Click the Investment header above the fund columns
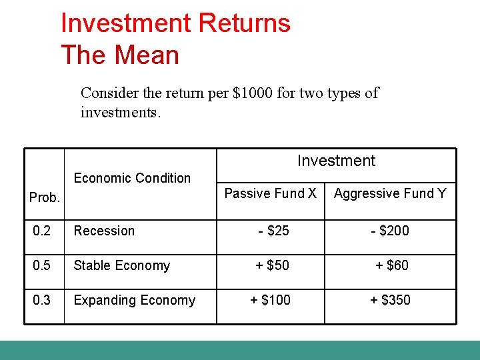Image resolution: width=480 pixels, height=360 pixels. tap(336, 161)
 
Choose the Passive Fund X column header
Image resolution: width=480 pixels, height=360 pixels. tap(270, 193)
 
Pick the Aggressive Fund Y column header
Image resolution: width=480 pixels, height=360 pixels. tap(390, 193)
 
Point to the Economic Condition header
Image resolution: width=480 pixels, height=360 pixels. tap(132, 178)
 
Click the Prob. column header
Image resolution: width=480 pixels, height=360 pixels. tap(45, 198)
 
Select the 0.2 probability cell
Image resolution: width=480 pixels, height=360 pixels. tap(42, 231)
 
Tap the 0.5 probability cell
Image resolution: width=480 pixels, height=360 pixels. tap(42, 265)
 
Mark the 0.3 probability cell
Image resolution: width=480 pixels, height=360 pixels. tap(42, 300)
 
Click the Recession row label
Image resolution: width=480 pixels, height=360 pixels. tap(104, 231)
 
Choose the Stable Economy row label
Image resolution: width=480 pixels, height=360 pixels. tap(121, 265)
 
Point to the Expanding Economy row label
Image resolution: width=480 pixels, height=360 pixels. tap(134, 300)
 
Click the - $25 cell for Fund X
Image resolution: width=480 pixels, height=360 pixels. tap(273, 231)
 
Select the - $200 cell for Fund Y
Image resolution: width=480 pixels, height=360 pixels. tap(390, 231)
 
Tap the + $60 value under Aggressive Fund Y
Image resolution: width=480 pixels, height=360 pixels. tap(391, 265)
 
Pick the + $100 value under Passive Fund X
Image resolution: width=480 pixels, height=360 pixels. tap(270, 300)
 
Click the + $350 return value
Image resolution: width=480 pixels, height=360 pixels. tap(390, 300)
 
